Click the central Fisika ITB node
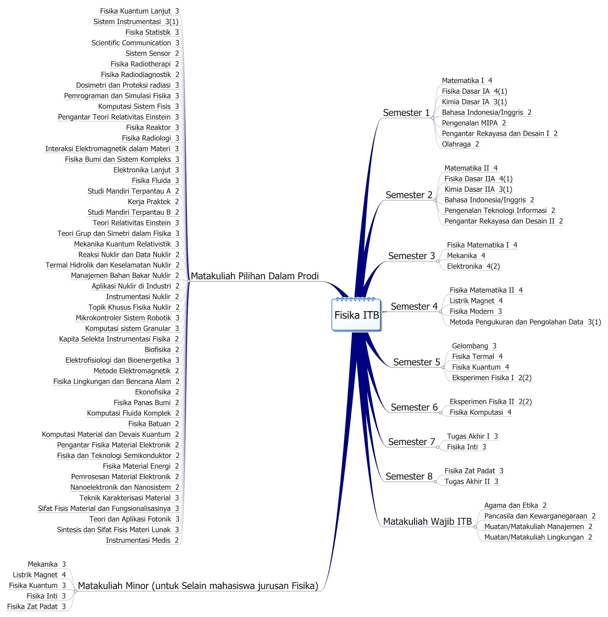(356, 315)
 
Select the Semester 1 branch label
(406, 113)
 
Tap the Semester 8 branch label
(409, 476)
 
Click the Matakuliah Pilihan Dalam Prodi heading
(254, 276)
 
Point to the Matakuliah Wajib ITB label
(427, 521)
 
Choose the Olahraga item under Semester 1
(460, 144)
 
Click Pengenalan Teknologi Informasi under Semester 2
(499, 211)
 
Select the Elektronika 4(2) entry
(473, 266)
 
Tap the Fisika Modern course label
(475, 311)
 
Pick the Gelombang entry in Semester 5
(474, 346)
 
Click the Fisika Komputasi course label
(480, 412)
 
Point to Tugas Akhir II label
(471, 481)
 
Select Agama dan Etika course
(515, 505)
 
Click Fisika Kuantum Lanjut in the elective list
(139, 11)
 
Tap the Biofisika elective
(162, 349)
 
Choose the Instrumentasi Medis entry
(142, 540)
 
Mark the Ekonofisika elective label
(157, 392)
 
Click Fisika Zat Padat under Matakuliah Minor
(36, 606)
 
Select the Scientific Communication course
(135, 43)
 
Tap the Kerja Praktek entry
(153, 202)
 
